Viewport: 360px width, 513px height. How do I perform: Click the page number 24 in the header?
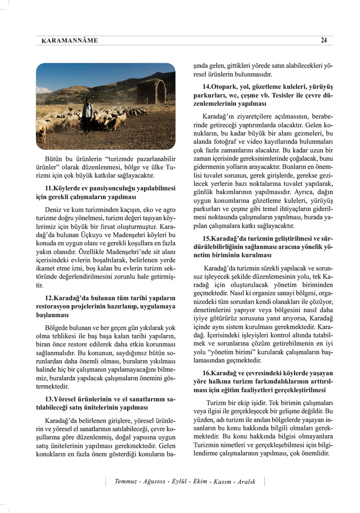coord(323,40)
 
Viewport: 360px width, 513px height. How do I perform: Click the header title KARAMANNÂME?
coord(70,41)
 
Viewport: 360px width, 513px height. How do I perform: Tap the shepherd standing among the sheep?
coord(87,116)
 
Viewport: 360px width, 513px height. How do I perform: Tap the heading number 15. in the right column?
coord(208,238)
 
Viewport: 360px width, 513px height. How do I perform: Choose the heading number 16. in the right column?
coord(208,373)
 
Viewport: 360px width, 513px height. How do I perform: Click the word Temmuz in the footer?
coord(126,482)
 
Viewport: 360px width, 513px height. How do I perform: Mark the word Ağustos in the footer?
coord(155,482)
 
